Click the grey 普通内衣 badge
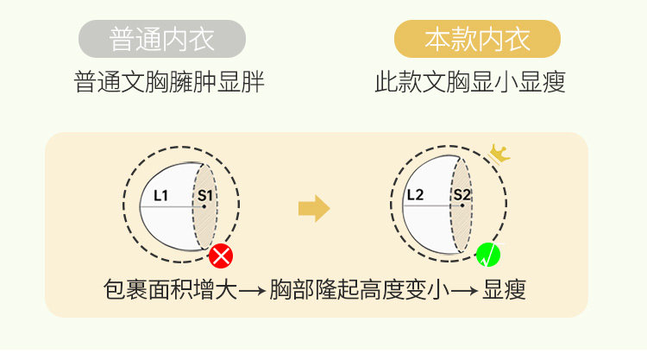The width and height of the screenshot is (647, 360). [x=162, y=39]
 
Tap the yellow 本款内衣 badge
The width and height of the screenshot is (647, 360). [x=477, y=39]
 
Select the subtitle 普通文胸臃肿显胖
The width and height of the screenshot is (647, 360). [x=169, y=84]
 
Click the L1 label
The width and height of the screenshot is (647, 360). [x=161, y=195]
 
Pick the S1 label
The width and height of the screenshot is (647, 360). [x=204, y=196]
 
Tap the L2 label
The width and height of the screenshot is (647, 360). [x=415, y=195]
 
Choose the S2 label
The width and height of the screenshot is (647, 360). [x=462, y=195]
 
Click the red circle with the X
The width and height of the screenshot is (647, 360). [x=222, y=256]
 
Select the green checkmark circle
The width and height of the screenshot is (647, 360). [x=488, y=255]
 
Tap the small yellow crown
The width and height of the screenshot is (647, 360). [x=499, y=154]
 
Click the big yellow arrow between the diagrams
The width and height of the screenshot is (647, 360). [x=314, y=208]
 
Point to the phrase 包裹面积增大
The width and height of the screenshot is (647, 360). [x=169, y=289]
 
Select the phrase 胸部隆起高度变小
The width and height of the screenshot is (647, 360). [x=359, y=289]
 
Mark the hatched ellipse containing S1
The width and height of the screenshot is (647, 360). [x=204, y=207]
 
